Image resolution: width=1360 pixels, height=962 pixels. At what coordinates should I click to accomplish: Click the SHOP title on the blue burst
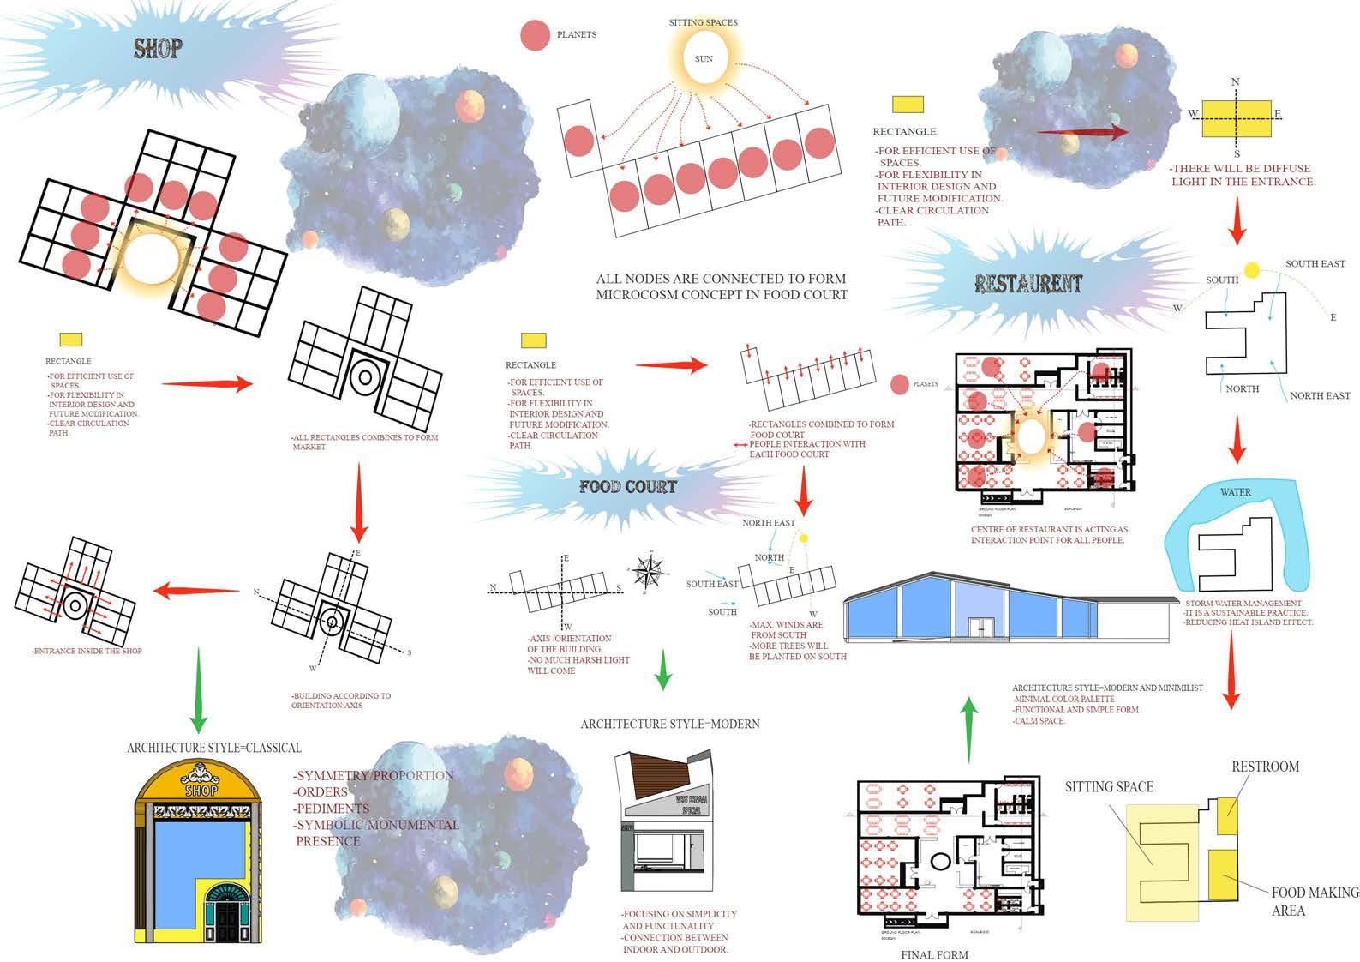click(x=158, y=49)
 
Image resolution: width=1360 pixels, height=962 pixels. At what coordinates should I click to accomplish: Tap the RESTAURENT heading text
click(x=1028, y=284)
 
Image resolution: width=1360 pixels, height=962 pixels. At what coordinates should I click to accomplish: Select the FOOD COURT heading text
click(x=627, y=487)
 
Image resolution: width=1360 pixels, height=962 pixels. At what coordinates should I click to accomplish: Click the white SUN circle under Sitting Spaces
click(x=704, y=59)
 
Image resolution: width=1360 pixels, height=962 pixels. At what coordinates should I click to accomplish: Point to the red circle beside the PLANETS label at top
click(x=535, y=35)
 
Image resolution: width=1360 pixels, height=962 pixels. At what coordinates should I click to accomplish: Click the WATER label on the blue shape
click(x=1235, y=492)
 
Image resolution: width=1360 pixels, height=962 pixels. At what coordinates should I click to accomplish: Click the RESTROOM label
click(x=1265, y=767)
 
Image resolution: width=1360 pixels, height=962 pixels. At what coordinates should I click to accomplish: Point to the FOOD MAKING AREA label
click(x=1314, y=901)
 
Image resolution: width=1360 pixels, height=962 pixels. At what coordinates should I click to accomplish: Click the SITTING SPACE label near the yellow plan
click(x=1109, y=786)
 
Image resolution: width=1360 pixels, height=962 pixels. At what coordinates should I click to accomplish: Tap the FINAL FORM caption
click(x=934, y=954)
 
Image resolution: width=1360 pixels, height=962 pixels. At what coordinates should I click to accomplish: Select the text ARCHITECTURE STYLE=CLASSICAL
click(x=214, y=748)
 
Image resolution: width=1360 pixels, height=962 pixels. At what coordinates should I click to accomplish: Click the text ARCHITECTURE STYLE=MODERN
click(x=669, y=724)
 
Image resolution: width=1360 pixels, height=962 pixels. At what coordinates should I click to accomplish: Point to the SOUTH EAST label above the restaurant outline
click(x=1315, y=263)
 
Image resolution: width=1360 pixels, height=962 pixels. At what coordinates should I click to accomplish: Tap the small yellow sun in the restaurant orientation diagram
click(x=1251, y=271)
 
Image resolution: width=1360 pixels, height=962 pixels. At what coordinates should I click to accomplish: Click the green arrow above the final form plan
click(x=968, y=728)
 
